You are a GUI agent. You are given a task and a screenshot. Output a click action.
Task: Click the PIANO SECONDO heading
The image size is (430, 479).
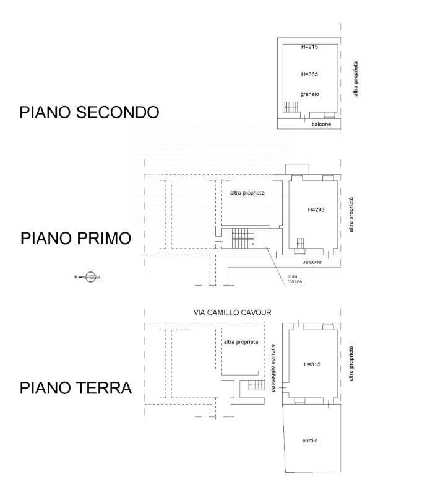click(89, 112)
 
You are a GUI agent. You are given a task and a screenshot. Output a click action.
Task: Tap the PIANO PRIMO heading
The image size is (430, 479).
click(76, 239)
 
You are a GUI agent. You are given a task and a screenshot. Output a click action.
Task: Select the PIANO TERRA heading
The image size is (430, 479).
click(75, 388)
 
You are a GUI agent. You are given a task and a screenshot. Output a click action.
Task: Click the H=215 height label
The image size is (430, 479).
click(309, 46)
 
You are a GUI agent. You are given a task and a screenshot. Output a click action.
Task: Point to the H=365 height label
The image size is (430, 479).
click(309, 74)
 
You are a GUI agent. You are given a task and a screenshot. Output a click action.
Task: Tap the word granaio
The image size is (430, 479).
click(309, 94)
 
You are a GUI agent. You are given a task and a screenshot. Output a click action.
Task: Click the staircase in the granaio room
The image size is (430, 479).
click(290, 107)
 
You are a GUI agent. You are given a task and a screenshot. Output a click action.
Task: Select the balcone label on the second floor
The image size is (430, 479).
click(321, 124)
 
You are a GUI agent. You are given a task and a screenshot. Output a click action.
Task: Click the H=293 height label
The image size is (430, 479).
click(316, 209)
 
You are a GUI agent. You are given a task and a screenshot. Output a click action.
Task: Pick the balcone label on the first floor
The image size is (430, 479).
click(312, 261)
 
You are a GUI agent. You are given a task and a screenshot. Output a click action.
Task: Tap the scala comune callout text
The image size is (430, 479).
click(295, 279)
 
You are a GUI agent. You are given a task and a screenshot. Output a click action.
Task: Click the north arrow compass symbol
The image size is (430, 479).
click(88, 277)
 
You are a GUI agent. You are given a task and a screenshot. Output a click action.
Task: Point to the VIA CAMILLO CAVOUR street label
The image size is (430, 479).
click(233, 312)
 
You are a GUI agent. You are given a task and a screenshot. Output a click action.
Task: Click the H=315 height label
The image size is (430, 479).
click(312, 364)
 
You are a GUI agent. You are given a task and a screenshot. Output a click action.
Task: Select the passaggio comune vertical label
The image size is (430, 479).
click(273, 368)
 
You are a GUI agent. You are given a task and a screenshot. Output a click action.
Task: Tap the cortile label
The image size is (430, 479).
click(310, 441)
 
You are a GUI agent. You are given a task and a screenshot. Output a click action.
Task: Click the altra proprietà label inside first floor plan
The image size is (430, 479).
click(247, 193)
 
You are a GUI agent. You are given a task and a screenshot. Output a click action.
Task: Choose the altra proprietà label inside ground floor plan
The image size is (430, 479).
click(241, 342)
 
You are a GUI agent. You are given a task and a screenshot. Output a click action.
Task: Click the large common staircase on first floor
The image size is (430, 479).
click(243, 239)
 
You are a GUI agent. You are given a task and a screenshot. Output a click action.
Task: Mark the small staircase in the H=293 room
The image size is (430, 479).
click(301, 244)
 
